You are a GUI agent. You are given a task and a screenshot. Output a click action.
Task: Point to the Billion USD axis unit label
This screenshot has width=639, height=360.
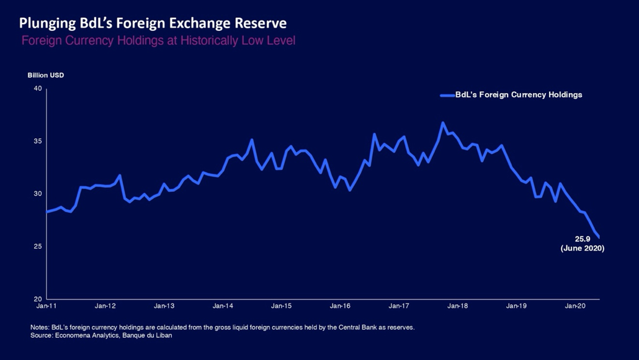pos(45,75)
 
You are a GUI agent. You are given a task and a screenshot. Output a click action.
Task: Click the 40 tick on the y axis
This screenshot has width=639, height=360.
pos(37,89)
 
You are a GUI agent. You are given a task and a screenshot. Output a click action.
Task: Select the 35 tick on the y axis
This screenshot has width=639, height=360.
pos(37,142)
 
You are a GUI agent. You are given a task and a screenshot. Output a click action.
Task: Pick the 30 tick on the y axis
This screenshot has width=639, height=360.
pos(37,194)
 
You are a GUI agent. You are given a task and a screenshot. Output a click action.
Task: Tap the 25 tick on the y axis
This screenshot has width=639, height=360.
pos(37,246)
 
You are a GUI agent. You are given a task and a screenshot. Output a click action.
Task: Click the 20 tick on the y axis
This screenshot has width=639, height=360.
pos(37,299)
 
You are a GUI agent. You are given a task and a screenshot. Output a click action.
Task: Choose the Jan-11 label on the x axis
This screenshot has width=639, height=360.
pos(47,306)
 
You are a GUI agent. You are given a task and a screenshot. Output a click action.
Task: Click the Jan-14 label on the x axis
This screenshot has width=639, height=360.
pos(223,306)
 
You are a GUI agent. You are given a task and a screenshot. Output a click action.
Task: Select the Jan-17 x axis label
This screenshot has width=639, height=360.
pos(398,306)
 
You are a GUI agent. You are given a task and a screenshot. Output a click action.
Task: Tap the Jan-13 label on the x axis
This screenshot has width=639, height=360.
pos(164,306)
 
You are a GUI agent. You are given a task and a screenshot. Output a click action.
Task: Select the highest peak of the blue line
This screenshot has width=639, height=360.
pos(443,123)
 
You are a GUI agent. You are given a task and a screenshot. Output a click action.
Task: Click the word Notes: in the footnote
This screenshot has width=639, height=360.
pos(40,327)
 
